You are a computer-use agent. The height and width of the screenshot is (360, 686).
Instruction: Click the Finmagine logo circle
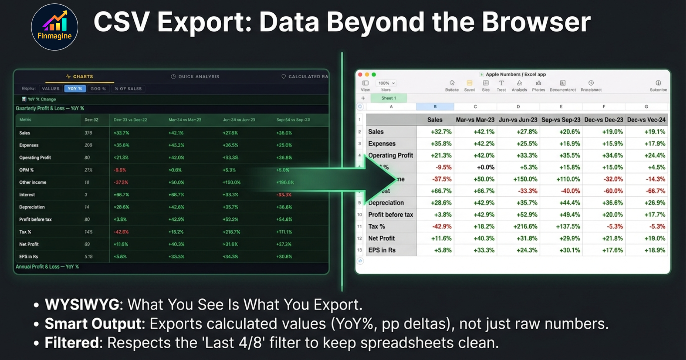point(54,27)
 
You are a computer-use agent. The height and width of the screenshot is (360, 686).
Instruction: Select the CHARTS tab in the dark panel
point(80,76)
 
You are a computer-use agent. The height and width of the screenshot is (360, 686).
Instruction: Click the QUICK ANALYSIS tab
point(195,76)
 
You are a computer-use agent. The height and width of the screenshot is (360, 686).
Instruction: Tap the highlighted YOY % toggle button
point(75,89)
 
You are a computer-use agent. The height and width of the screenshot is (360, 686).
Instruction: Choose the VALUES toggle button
point(51,89)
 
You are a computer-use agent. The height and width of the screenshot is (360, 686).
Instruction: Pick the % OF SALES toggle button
point(128,89)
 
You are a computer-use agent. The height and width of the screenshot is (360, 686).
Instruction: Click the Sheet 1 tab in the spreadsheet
point(389,98)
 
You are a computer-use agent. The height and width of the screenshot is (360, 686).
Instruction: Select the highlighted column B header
point(435,107)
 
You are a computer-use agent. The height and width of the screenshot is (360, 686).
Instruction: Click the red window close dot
point(360,75)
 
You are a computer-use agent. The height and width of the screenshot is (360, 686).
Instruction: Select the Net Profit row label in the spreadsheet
point(382,238)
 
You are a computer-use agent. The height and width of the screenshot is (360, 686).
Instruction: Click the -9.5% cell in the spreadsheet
point(443,167)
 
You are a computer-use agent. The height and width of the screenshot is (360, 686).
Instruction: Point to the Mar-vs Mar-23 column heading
point(475,120)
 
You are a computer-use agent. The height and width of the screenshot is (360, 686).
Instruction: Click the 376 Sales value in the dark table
point(88,133)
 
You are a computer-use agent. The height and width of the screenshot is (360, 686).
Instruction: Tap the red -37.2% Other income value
point(121,182)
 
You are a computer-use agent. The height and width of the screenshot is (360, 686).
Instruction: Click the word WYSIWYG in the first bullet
point(82,305)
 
